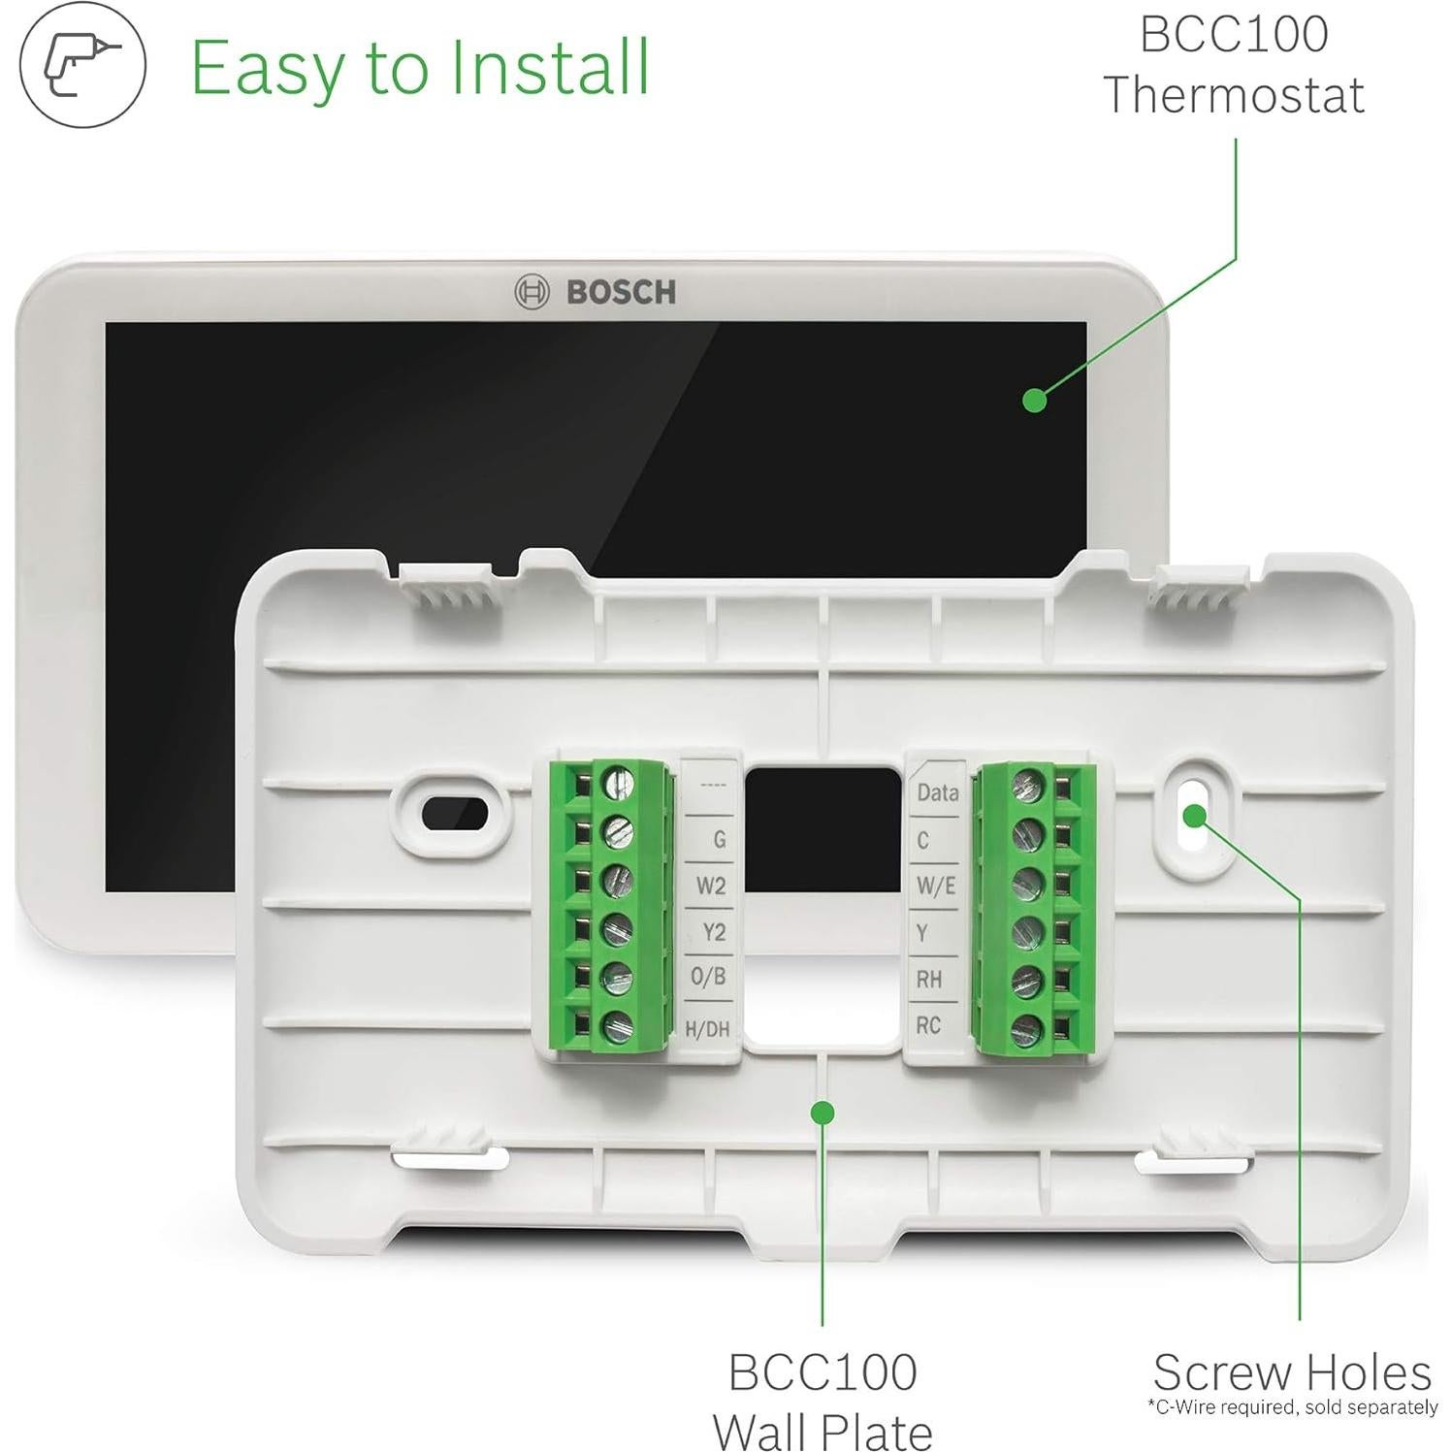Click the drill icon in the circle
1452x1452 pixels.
[82, 64]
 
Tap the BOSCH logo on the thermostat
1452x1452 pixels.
[595, 291]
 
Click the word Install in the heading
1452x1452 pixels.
[551, 68]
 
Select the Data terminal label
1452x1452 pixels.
[937, 792]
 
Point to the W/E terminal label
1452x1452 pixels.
[936, 886]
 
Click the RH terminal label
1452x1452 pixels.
[929, 979]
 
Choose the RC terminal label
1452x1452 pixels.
[928, 1025]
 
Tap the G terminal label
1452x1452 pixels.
[719, 839]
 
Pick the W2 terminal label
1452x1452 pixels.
[711, 886]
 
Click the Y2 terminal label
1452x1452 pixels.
[714, 932]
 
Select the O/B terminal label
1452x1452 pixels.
[709, 977]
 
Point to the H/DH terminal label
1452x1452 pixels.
[707, 1028]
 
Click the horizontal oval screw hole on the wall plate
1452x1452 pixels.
[454, 814]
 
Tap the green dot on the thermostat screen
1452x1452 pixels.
[1035, 400]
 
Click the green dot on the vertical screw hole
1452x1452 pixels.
[1194, 815]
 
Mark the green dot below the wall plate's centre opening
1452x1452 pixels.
[823, 1113]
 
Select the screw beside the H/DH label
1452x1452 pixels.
[615, 1027]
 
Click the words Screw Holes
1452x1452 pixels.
[1292, 1372]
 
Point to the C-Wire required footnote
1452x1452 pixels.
[1292, 1406]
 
